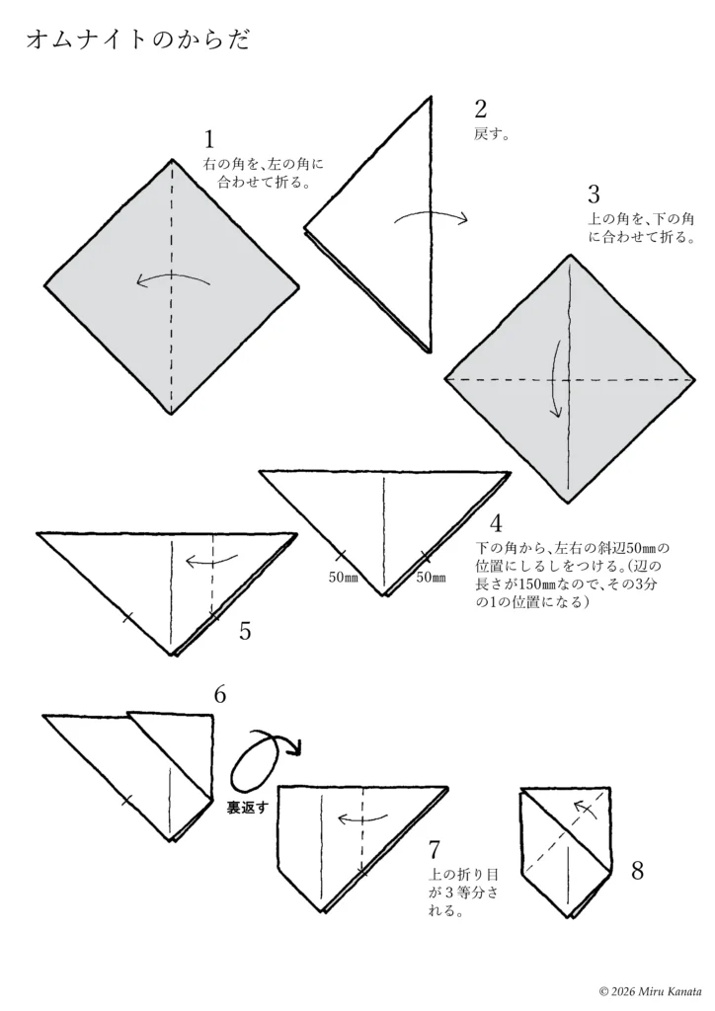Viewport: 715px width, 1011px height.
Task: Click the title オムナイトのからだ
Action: click(x=138, y=39)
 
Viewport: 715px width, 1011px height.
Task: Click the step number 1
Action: click(x=209, y=139)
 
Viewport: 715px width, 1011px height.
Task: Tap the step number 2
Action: click(x=480, y=110)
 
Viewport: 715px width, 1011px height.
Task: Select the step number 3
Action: click(x=594, y=194)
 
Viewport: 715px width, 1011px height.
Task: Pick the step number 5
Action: click(x=245, y=631)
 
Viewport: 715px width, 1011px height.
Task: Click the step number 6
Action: click(x=220, y=695)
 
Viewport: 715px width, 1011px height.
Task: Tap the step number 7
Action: click(x=435, y=848)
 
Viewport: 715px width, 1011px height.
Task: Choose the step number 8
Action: click(x=637, y=871)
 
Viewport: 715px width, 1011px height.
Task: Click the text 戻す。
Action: click(x=492, y=134)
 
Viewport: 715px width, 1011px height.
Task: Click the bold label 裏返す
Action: click(x=246, y=808)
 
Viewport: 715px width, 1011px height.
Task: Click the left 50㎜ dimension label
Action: click(x=344, y=578)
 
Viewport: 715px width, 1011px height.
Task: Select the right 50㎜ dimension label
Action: click(x=431, y=578)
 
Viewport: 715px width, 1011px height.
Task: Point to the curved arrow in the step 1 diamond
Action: click(x=173, y=277)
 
